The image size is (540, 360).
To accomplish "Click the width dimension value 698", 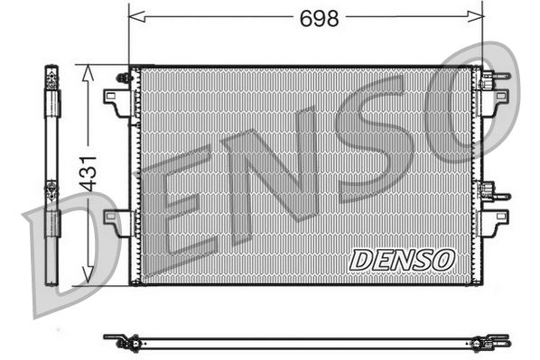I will pyautogui.click(x=320, y=16).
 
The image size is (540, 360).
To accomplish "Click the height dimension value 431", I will pyautogui.click(x=88, y=169).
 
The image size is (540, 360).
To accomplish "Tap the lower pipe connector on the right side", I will pyautogui.click(x=493, y=192).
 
